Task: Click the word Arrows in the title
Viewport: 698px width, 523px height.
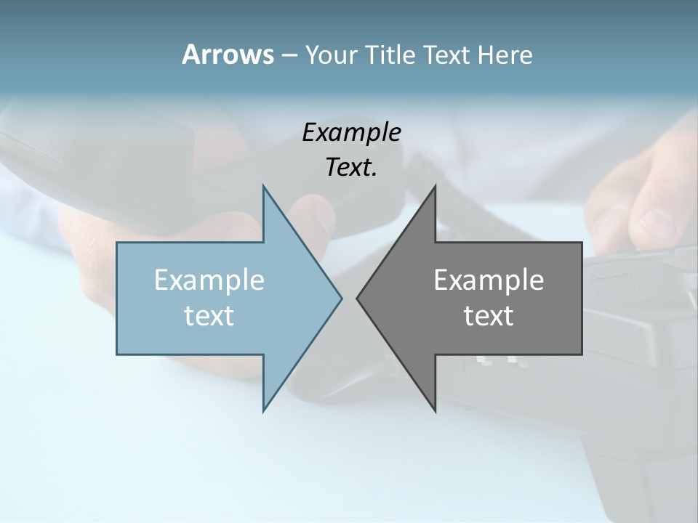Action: [x=227, y=54]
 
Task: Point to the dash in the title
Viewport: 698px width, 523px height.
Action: [x=289, y=55]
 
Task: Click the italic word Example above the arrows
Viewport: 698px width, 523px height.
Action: [x=351, y=132]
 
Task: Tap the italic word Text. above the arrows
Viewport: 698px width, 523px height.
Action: [x=351, y=168]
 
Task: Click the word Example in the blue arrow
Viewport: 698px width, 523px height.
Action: [x=209, y=280]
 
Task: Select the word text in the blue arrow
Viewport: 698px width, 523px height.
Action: [x=209, y=315]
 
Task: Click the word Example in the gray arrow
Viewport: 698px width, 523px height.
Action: [x=489, y=280]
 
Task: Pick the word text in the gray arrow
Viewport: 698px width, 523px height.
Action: [x=489, y=315]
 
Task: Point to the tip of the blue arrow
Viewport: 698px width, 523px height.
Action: [x=341, y=298]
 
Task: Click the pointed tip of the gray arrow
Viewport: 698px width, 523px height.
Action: [x=357, y=298]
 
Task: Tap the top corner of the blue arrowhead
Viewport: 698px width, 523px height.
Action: [x=263, y=186]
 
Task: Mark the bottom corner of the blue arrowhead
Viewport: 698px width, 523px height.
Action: [x=263, y=411]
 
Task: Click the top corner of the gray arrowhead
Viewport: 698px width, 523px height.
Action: [x=435, y=186]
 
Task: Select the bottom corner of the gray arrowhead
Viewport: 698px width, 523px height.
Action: [x=435, y=411]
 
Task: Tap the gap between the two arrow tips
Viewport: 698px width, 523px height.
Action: [x=349, y=298]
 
